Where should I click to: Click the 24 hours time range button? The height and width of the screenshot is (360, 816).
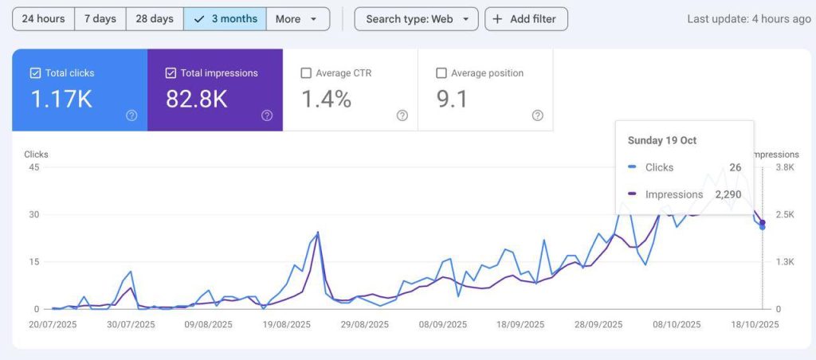click(44, 19)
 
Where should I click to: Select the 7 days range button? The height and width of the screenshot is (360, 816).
click(100, 19)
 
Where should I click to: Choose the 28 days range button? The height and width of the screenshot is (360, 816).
click(155, 19)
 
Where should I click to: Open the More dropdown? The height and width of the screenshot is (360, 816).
click(296, 19)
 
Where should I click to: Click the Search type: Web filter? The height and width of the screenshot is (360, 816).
click(416, 19)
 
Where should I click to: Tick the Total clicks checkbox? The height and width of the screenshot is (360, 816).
click(35, 73)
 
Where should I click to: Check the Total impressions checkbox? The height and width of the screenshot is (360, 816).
click(171, 73)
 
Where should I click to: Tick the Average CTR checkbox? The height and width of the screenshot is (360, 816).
click(306, 73)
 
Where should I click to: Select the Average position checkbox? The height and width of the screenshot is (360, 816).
click(441, 73)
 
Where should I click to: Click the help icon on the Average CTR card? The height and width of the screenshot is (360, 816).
click(402, 115)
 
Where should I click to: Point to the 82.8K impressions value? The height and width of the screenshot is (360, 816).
click(196, 99)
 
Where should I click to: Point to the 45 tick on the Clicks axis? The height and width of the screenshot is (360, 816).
click(33, 167)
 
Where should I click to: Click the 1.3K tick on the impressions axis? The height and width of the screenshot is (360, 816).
click(786, 262)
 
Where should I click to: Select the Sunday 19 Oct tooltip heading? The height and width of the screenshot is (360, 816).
click(662, 141)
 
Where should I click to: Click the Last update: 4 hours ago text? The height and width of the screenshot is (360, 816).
click(748, 19)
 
